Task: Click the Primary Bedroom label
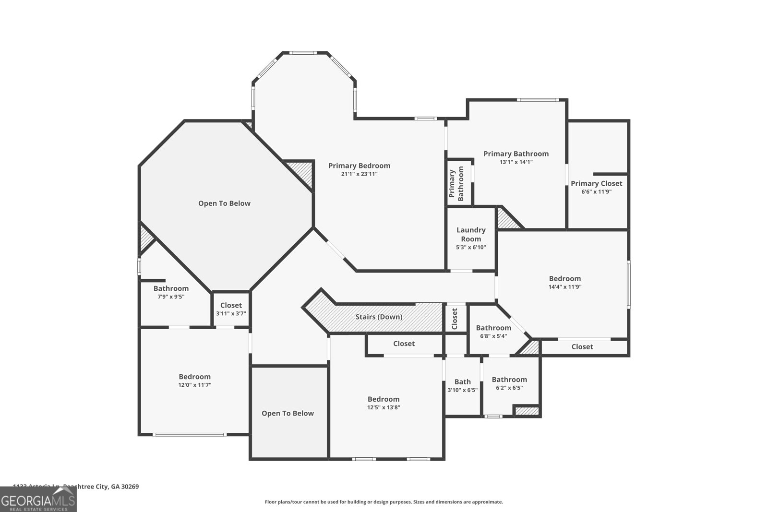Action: (359, 166)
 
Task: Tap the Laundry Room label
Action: (471, 234)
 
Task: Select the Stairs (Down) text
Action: (379, 317)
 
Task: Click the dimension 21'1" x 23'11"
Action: (359, 174)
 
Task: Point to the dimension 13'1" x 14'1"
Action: (516, 162)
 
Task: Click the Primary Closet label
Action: (596, 183)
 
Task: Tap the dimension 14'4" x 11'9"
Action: (565, 287)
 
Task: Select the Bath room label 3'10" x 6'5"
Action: (462, 382)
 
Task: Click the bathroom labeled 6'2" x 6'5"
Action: (509, 380)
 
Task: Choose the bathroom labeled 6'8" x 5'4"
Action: (493, 328)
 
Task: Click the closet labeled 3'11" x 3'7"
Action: (231, 305)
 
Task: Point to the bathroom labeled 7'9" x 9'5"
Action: (171, 288)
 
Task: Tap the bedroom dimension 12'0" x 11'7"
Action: (194, 385)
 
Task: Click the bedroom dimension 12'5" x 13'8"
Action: (384, 407)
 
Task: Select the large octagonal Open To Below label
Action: (224, 203)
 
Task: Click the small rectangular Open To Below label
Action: (288, 413)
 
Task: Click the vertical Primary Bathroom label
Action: (456, 183)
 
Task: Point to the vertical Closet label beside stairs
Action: (455, 318)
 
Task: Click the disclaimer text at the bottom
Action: (384, 502)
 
